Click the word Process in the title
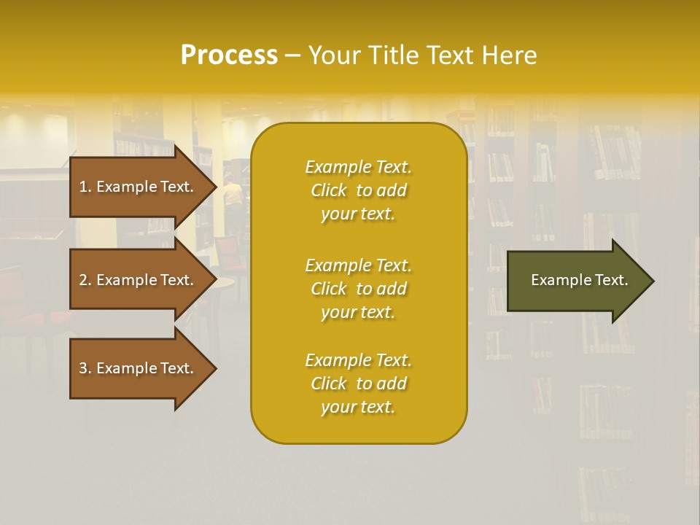click(x=229, y=55)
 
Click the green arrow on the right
click(x=576, y=281)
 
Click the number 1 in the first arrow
click(x=83, y=187)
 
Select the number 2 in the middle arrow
click(x=83, y=280)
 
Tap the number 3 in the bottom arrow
click(x=83, y=368)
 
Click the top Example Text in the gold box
click(x=358, y=167)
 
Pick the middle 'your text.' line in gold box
click(x=358, y=312)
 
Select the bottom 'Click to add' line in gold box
click(x=358, y=384)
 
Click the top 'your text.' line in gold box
click(x=358, y=214)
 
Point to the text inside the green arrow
click(x=579, y=280)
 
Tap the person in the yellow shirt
click(x=233, y=195)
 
